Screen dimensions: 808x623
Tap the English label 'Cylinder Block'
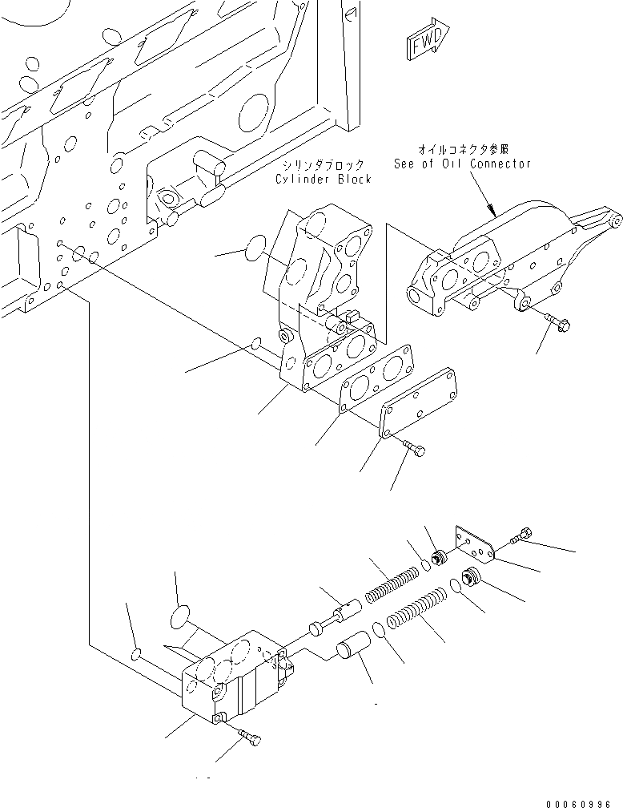tap(324, 179)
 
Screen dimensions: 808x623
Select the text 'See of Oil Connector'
tap(462, 164)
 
